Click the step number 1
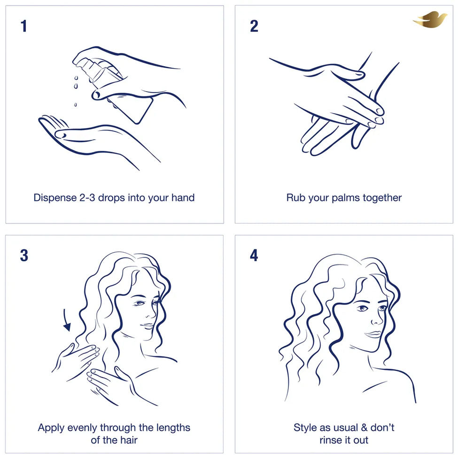pyautogui.click(x=24, y=26)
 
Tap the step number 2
pyautogui.click(x=254, y=26)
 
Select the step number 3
pyautogui.click(x=24, y=255)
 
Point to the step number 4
pyautogui.click(x=254, y=255)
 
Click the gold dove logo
pyautogui.click(x=430, y=19)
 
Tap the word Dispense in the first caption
pyautogui.click(x=55, y=198)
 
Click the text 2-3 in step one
pyautogui.click(x=87, y=198)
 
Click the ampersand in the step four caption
pyautogui.click(x=364, y=427)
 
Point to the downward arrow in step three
pyautogui.click(x=66, y=319)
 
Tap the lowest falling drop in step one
pyautogui.click(x=75, y=105)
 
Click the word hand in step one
pyautogui.click(x=183, y=198)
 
